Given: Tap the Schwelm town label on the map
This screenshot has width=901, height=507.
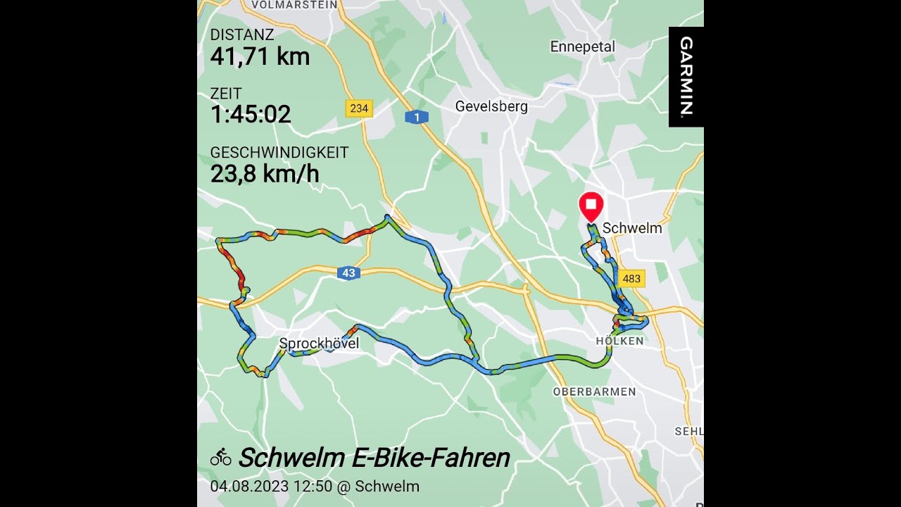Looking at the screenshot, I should pos(632,228).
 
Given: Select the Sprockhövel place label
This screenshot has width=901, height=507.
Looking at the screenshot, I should pos(319,344).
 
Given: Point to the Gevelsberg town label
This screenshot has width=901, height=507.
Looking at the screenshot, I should pos(491,107).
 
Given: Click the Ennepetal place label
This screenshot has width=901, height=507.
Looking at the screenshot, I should pos(583,46).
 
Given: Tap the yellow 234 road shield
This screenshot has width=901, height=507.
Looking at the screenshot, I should pos(359,108).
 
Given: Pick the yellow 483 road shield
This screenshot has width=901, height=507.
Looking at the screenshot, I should pos(631,278).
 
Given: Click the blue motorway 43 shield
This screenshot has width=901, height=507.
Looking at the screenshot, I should pos(348,273).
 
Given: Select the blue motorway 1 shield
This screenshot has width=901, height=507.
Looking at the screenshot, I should pos(417,117).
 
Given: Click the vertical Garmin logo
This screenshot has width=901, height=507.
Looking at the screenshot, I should pos(686,76).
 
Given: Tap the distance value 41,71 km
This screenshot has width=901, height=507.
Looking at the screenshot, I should pos(260,56).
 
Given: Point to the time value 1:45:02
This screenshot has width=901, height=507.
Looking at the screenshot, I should pos(251,114).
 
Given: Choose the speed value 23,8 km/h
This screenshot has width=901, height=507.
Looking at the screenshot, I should pos(265,173).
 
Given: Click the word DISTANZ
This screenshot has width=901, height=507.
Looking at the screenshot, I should pos(242,35).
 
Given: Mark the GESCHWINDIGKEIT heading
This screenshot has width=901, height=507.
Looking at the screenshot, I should pos(279,153).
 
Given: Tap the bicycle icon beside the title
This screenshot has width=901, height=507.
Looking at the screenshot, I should pos(221,458).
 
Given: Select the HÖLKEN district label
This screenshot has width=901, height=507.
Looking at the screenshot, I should pos(619,341).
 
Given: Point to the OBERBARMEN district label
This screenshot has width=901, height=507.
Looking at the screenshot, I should pos(594,392).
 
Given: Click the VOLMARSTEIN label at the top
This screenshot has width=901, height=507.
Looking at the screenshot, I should pos(294,4).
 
